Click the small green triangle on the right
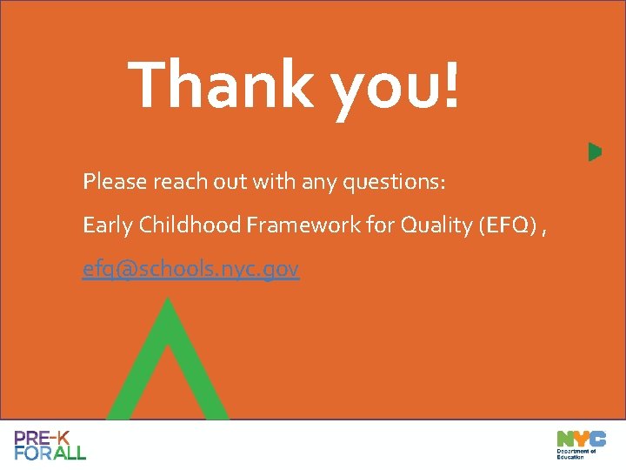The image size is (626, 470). pos(595,151)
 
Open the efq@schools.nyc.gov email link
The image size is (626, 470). pos(191,271)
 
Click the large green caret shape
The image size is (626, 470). pos(168,366)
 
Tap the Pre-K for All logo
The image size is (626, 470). pos(50,445)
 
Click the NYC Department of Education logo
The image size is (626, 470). pos(581,445)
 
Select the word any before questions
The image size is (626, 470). pos(320,183)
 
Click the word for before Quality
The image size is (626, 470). pos(380,226)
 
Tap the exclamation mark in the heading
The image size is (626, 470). pos(450,85)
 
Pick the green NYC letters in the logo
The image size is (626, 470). pos(581,438)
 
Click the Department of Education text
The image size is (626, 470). pos(576,453)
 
